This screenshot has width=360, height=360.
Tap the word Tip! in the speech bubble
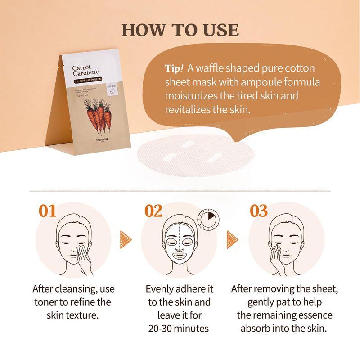tap(175, 69)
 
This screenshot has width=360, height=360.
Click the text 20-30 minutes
tap(179, 328)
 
